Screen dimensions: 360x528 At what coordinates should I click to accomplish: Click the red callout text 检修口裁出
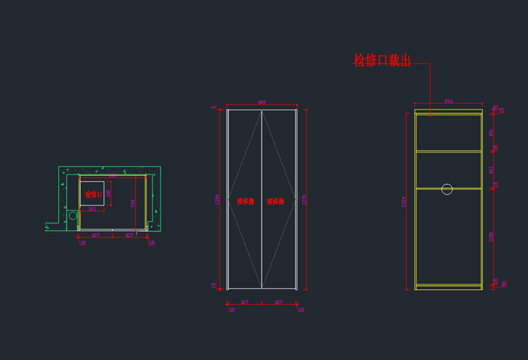pos(382,60)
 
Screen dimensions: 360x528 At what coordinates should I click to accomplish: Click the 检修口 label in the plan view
pos(93,194)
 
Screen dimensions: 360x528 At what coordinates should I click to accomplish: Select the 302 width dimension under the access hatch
pos(92,209)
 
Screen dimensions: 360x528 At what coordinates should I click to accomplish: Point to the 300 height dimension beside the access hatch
pos(109,193)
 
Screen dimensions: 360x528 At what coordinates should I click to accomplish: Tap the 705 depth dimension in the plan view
pos(134,203)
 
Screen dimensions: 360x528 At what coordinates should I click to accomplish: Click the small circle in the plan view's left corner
pos(73,216)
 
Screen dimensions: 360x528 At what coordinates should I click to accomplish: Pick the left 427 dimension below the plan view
pos(95,235)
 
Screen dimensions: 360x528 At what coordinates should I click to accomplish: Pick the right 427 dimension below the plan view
pos(130,235)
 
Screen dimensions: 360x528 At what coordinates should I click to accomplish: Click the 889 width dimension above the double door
pos(262,102)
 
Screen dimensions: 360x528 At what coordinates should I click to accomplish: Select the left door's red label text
pos(245,202)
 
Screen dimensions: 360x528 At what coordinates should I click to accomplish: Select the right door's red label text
pos(275,202)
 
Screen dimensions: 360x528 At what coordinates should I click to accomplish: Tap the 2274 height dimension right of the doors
pos(305,200)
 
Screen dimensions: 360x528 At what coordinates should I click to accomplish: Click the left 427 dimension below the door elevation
pos(244,302)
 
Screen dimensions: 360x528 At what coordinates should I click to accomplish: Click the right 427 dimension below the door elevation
pos(278,302)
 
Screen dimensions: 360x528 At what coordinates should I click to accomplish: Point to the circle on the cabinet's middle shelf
pos(447,189)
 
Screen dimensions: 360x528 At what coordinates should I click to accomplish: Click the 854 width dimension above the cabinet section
pos(448,101)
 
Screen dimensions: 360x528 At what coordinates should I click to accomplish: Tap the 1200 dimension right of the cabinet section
pos(492,236)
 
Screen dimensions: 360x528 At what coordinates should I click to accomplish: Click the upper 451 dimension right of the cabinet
pos(492,133)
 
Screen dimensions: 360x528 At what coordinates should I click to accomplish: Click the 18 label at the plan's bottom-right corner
pos(152,243)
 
